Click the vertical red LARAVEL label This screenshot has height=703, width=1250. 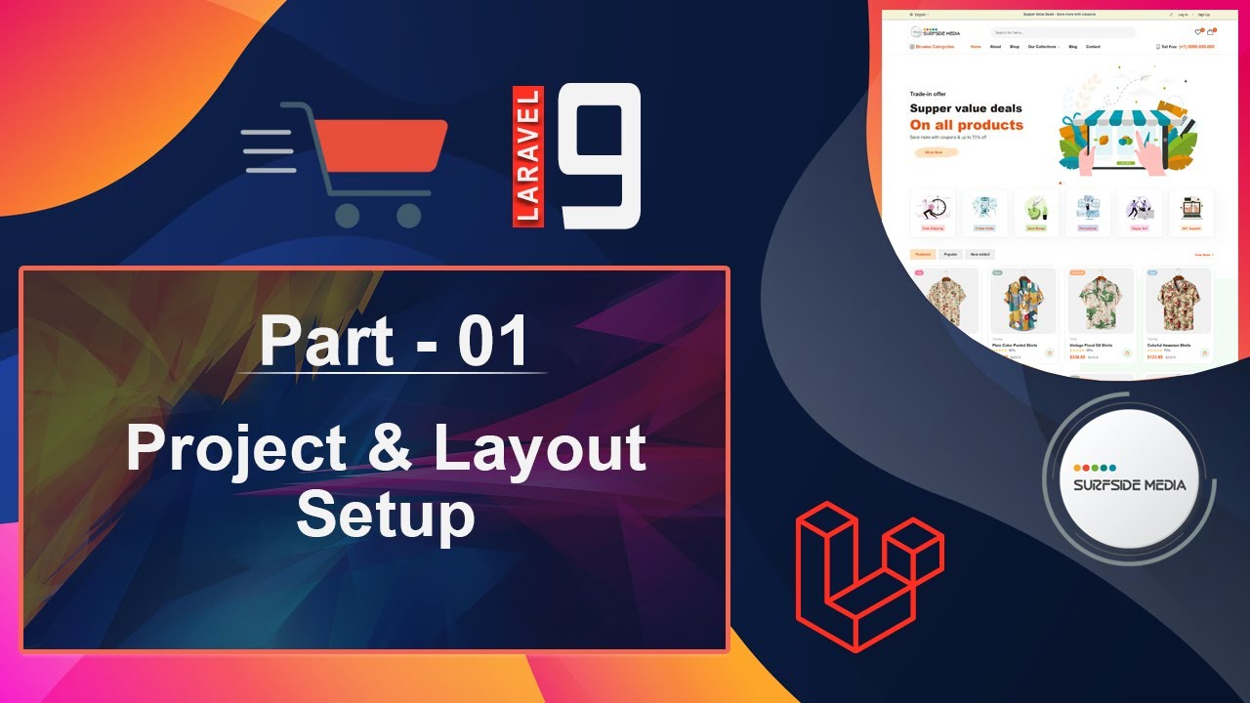528,156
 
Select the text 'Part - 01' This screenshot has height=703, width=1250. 395,341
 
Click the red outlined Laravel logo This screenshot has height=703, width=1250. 869,576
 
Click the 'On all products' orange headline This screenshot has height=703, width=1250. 966,125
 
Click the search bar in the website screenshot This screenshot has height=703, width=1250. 1062,32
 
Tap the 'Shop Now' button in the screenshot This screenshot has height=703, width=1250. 934,152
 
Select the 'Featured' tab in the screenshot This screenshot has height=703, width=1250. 922,254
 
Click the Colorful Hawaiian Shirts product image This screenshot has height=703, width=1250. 1178,303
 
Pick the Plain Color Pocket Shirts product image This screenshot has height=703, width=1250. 1022,303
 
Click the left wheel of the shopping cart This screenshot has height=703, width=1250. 347,215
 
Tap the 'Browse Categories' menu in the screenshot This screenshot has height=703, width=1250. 933,47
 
